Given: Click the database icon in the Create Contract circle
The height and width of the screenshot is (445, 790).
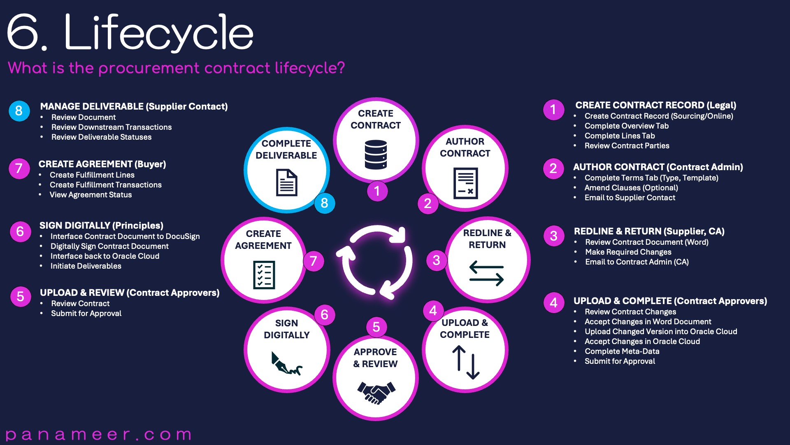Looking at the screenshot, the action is pyautogui.click(x=376, y=155).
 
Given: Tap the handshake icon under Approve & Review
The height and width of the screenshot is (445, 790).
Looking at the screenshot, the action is pyautogui.click(x=376, y=393).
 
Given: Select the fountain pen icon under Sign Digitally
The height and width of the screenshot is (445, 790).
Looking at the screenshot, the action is pyautogui.click(x=286, y=363).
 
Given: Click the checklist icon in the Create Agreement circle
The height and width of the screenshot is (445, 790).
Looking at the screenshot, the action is pyautogui.click(x=264, y=274).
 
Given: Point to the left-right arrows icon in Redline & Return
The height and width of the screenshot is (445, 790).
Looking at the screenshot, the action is pyautogui.click(x=486, y=273).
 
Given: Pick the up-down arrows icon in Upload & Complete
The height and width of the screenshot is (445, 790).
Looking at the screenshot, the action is pyautogui.click(x=466, y=362).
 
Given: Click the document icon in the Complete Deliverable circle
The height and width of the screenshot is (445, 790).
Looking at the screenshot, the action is pyautogui.click(x=286, y=183).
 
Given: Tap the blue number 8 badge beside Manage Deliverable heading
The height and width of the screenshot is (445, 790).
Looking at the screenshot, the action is pyautogui.click(x=19, y=111).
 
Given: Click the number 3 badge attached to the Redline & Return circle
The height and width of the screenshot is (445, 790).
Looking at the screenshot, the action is pyautogui.click(x=436, y=260).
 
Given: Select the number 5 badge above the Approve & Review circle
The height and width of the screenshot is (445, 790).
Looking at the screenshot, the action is pyautogui.click(x=376, y=327).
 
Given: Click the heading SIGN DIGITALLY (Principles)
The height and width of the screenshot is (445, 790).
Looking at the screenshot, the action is pyautogui.click(x=101, y=225).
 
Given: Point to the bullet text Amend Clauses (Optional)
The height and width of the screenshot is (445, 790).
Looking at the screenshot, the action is pyautogui.click(x=631, y=187).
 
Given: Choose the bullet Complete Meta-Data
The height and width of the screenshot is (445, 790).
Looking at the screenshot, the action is pyautogui.click(x=622, y=351).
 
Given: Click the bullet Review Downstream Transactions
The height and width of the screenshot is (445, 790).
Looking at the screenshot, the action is pyautogui.click(x=111, y=127).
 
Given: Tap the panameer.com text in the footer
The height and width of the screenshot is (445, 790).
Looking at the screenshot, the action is pyautogui.click(x=99, y=434).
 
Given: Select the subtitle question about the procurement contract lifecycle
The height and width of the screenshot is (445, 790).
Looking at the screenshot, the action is pyautogui.click(x=176, y=68).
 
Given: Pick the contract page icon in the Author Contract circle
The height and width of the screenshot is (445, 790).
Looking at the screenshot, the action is pyautogui.click(x=465, y=183).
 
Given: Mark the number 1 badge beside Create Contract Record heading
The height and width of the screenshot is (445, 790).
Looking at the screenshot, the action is pyautogui.click(x=553, y=110).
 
